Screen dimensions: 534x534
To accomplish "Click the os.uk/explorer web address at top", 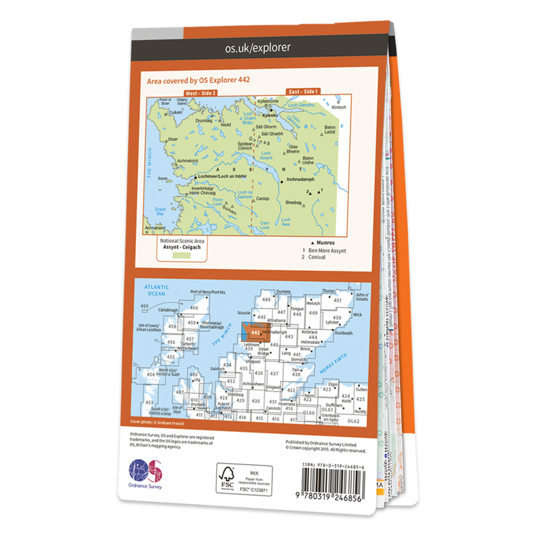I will (258, 47).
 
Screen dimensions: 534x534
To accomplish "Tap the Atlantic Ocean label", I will (157, 291).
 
